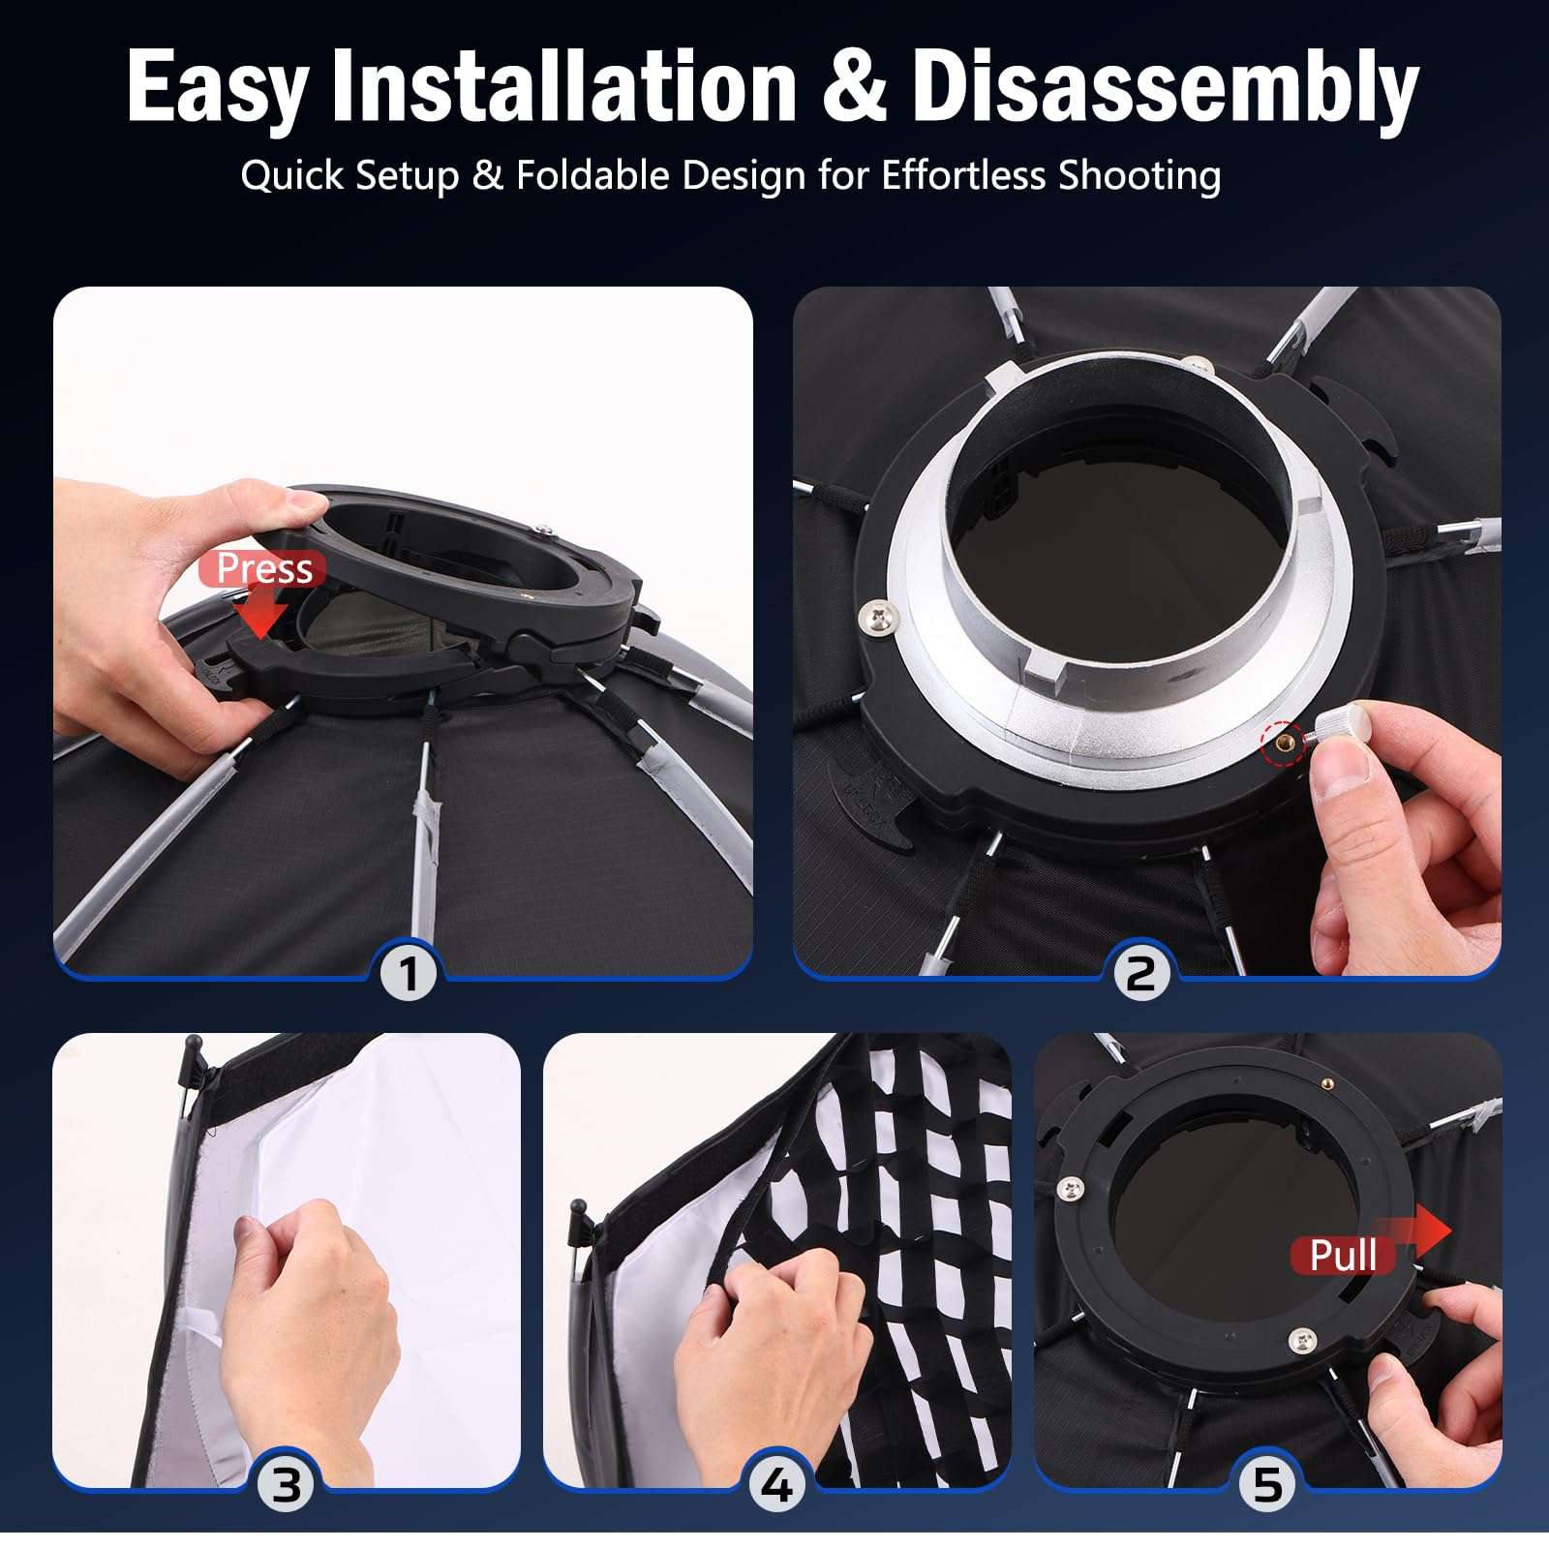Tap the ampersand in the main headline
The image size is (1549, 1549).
853,88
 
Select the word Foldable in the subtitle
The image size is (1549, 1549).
592,175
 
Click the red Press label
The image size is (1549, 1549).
263,568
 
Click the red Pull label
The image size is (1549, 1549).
1343,1256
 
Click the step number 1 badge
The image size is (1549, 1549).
408,972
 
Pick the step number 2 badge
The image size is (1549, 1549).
1140,972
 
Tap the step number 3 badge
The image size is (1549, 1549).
286,1484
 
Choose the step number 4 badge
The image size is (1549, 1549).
776,1484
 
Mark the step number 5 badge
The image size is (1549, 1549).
1267,1484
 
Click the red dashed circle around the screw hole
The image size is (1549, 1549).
1284,744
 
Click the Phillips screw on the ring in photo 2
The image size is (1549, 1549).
879,613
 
